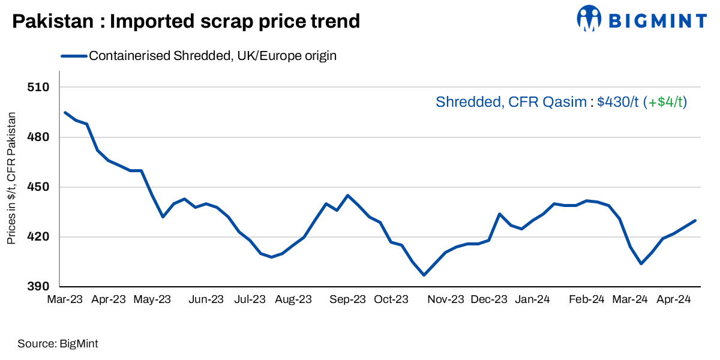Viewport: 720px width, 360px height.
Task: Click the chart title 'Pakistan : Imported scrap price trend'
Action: pos(186,22)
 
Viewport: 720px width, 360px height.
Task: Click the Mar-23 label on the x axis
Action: pos(65,299)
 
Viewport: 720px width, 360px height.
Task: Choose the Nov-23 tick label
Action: pos(446,299)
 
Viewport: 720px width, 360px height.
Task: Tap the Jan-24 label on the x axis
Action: pos(533,299)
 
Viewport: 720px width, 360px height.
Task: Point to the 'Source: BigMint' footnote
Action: pos(58,344)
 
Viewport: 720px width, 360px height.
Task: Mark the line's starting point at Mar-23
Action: pos(65,112)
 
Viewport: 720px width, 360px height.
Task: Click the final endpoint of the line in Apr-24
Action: pos(695,220)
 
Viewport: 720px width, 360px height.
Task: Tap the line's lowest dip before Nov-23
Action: pos(424,275)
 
